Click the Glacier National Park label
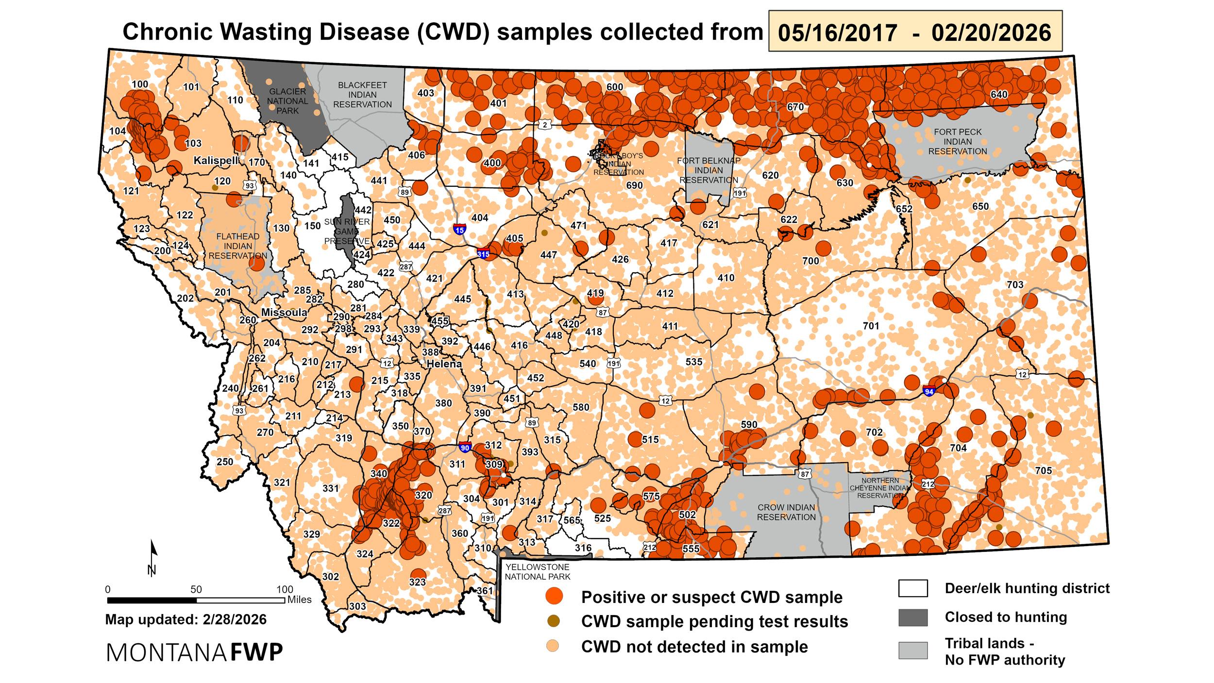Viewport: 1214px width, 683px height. click(287, 101)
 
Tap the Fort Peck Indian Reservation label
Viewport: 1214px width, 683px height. click(958, 141)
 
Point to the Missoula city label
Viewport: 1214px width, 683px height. click(284, 312)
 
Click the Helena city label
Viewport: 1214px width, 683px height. click(444, 364)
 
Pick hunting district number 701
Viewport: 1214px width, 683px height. click(871, 326)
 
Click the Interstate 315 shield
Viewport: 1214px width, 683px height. click(483, 253)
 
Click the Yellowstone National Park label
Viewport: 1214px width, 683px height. click(537, 572)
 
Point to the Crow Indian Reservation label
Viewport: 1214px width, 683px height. click(786, 512)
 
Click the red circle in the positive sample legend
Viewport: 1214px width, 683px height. click(554, 597)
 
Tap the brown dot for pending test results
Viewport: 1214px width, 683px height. click(554, 621)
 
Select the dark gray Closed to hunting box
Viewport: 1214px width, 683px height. click(912, 617)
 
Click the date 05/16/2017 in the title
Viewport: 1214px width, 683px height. click(837, 33)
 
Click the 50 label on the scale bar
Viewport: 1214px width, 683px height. click(196, 590)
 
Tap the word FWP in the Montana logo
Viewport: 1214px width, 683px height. click(256, 653)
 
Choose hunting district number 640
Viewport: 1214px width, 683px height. click(999, 94)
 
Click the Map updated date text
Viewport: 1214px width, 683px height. click(185, 619)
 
